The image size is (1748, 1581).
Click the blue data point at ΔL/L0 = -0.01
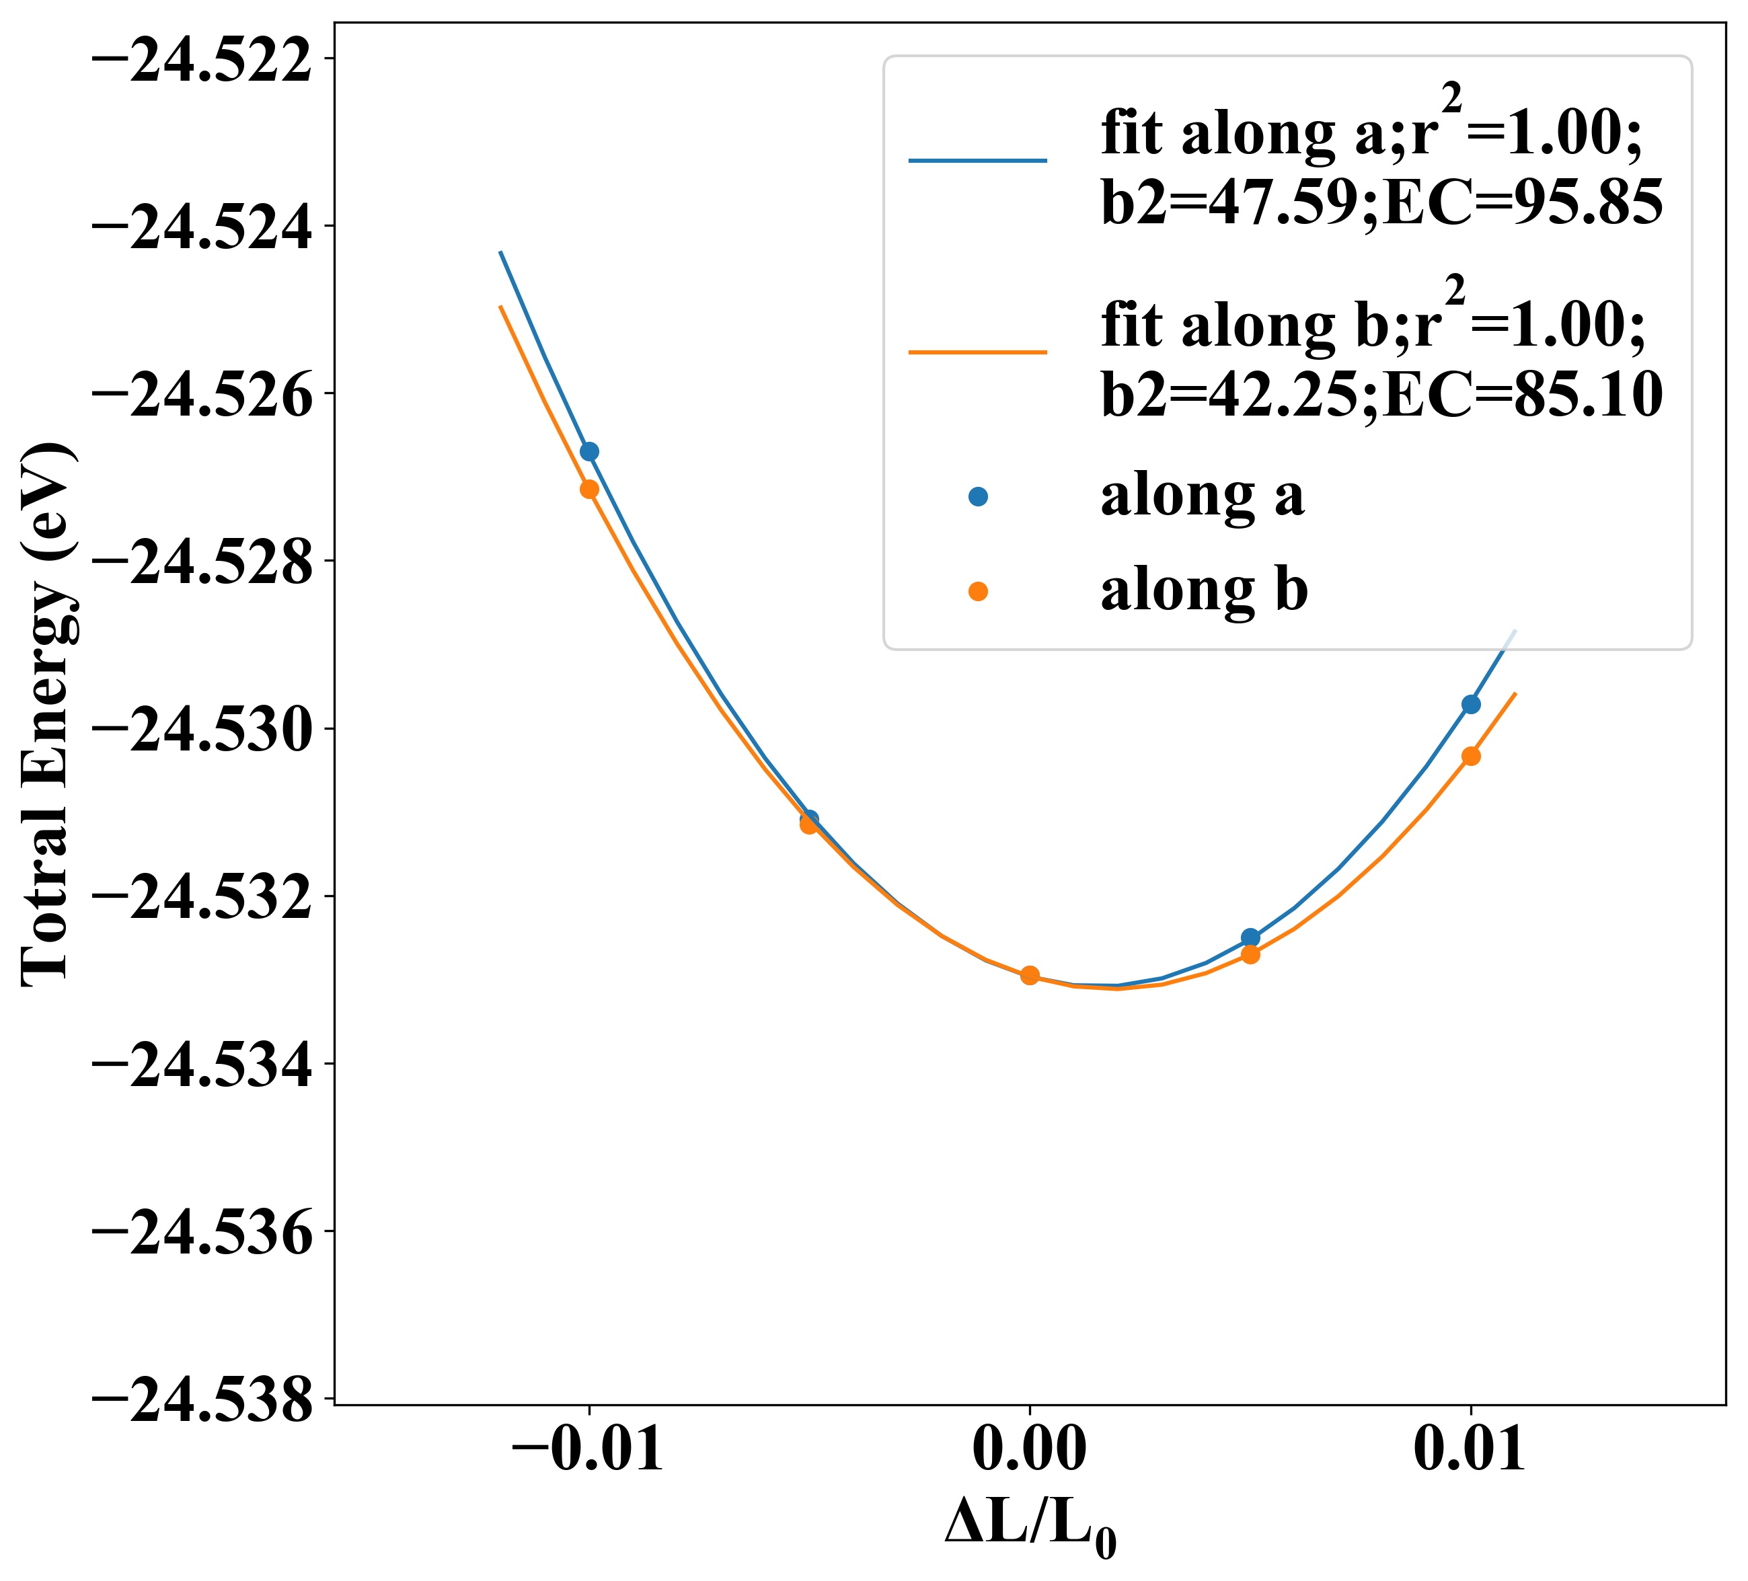pos(590,452)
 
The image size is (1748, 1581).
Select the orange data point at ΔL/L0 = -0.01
pos(590,489)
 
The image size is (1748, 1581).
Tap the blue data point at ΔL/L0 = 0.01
pos(1470,704)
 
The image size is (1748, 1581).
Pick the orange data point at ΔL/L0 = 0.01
pos(1470,756)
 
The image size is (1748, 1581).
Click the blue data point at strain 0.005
pos(1250,937)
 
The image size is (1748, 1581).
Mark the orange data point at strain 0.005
pos(1250,954)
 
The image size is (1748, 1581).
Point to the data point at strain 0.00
pos(1030,975)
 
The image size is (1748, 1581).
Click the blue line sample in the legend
pos(978,160)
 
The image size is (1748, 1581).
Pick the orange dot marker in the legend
pos(978,591)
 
